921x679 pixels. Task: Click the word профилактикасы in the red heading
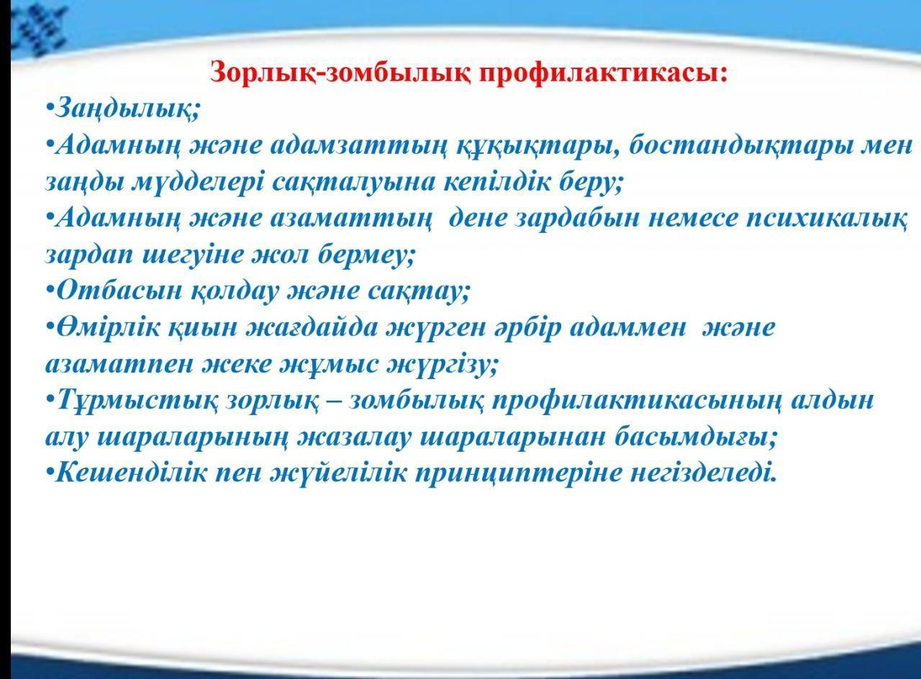point(604,73)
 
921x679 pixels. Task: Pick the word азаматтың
point(352,218)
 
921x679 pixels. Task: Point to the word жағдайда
point(312,328)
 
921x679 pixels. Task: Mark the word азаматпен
point(119,364)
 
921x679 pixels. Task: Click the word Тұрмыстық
point(137,401)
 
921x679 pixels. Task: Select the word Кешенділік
point(131,473)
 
